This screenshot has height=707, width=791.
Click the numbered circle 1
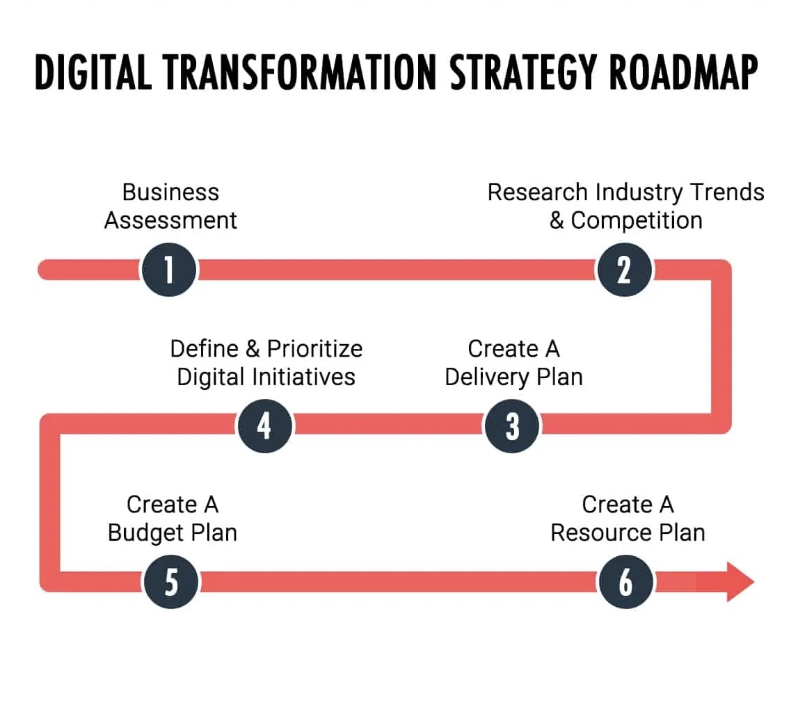coord(169,270)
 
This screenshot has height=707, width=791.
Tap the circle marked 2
coord(624,270)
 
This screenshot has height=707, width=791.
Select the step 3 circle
coord(511,426)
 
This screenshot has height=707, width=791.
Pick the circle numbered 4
coord(265,426)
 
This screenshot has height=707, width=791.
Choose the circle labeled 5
coord(171,582)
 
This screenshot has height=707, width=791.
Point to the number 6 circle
coord(625,582)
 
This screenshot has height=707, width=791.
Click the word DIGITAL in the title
coord(93,72)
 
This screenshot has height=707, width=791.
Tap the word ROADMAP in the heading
coord(683,72)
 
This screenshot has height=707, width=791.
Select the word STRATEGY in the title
coord(523,72)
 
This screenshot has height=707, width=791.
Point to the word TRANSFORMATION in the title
coord(300,72)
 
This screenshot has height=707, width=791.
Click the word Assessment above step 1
coord(170,220)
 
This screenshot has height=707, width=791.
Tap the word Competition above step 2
coord(637,220)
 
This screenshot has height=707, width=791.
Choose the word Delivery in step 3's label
coord(486,377)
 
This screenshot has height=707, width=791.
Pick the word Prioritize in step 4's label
coord(314,349)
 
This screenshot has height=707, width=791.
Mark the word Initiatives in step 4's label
coord(303,377)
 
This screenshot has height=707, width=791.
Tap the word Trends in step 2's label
coord(727,193)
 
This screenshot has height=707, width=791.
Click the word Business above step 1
coord(170,193)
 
